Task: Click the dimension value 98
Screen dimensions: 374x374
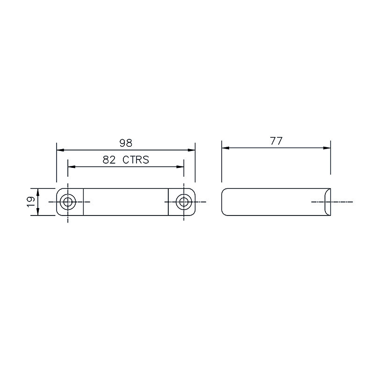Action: (x=126, y=143)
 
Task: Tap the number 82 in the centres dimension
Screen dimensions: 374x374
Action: (x=109, y=159)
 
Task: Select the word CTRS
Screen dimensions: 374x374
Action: (x=136, y=159)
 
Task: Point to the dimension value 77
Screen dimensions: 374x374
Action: (x=276, y=141)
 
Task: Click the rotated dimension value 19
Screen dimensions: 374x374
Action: (x=31, y=202)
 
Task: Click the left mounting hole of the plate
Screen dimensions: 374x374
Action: (x=68, y=202)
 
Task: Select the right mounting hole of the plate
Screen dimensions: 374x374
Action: (x=184, y=202)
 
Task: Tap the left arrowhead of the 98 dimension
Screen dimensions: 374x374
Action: (x=60, y=150)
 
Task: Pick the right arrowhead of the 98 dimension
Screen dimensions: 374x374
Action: (x=191, y=150)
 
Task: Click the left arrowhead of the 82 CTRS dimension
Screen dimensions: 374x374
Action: (x=72, y=166)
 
